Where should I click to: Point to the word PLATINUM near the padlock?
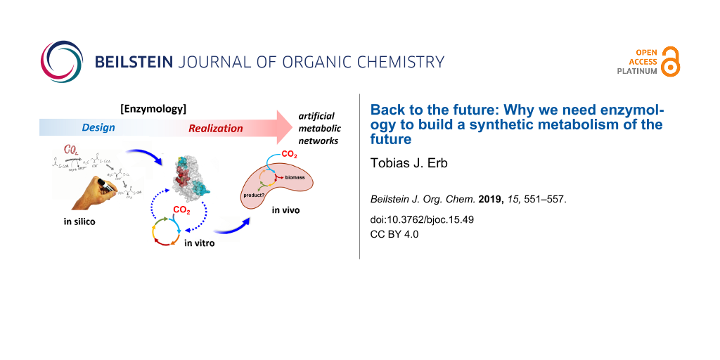pyautogui.click(x=637, y=71)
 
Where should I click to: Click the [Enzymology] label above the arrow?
pyautogui.click(x=153, y=108)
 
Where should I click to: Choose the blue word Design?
pyautogui.click(x=98, y=128)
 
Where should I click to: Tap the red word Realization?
pyautogui.click(x=215, y=129)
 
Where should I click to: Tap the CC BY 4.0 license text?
pyautogui.click(x=394, y=234)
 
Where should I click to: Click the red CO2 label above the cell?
pyautogui.click(x=289, y=153)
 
